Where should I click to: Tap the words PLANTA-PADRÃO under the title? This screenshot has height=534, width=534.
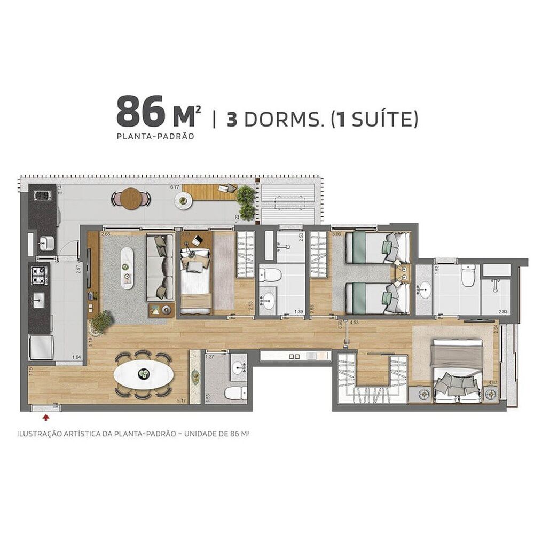(x=155, y=136)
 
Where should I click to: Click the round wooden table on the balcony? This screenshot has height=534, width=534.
(x=130, y=199)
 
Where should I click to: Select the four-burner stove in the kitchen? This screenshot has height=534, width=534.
(x=39, y=275)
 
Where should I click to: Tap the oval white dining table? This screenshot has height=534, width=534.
(x=143, y=375)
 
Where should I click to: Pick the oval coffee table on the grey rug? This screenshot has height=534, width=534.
(x=127, y=268)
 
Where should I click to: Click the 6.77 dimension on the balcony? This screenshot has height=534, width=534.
(x=175, y=187)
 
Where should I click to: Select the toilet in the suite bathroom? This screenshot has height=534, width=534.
(x=468, y=277)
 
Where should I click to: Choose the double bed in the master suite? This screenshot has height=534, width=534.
(x=457, y=371)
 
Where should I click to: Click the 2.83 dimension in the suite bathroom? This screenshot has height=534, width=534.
(x=502, y=312)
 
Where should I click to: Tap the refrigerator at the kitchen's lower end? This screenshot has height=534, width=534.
(x=41, y=348)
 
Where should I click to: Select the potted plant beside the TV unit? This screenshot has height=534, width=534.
(x=101, y=322)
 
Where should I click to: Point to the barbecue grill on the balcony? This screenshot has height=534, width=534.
(x=42, y=195)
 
